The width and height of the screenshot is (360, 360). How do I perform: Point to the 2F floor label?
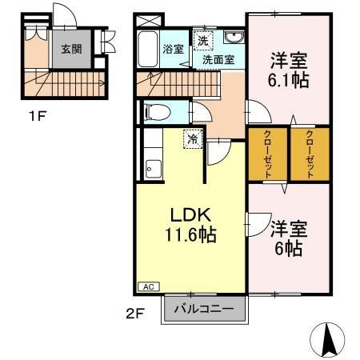(134, 313)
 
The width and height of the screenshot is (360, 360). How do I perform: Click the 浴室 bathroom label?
(174, 49)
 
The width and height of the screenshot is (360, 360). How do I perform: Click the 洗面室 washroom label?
(218, 58)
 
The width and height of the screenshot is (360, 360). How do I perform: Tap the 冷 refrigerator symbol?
(192, 139)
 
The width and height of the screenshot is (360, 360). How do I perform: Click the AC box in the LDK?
(148, 286)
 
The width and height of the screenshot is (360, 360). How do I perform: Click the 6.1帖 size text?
(289, 80)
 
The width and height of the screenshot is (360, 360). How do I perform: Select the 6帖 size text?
(289, 247)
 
